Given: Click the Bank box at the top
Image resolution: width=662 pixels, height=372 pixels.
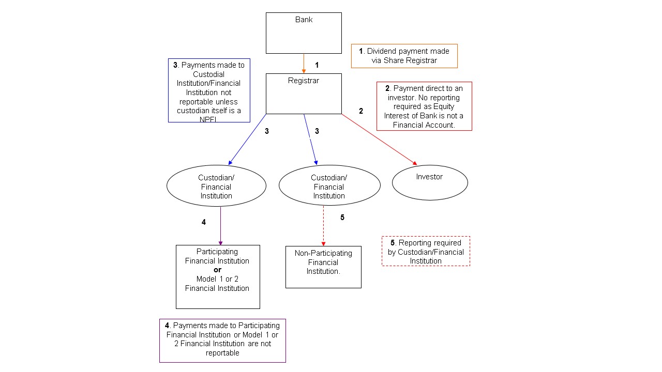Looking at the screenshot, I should [x=304, y=33].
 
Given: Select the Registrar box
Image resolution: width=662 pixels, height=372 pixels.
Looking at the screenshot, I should [x=304, y=94].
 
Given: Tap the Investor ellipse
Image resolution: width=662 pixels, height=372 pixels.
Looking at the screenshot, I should [x=430, y=182].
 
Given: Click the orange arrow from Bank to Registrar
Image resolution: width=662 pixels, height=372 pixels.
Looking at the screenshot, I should [x=304, y=63].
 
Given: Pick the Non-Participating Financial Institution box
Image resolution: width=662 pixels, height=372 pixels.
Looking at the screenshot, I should [x=323, y=267].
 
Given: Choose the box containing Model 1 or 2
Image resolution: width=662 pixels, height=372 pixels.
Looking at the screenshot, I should [x=218, y=276].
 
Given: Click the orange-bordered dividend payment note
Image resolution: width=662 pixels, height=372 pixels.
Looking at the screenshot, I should [x=404, y=56].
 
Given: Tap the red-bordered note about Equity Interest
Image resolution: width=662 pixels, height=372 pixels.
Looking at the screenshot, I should [x=424, y=106].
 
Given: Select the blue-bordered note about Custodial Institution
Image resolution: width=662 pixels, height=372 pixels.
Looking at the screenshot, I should [x=209, y=90].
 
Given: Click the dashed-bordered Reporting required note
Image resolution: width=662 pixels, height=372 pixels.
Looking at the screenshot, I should [x=426, y=251].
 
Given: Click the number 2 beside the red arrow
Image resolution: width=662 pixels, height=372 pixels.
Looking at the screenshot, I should [x=361, y=111].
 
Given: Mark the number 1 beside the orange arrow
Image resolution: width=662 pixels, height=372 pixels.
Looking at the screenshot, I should [x=317, y=66].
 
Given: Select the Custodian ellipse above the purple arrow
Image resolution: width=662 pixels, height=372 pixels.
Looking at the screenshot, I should [x=216, y=186].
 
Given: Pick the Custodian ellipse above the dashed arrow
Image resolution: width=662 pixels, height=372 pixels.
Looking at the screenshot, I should [x=329, y=185].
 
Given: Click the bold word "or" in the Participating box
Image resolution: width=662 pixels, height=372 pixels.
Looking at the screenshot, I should [x=217, y=270].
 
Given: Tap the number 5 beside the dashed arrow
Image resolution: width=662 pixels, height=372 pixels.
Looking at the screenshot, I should [x=342, y=218].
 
